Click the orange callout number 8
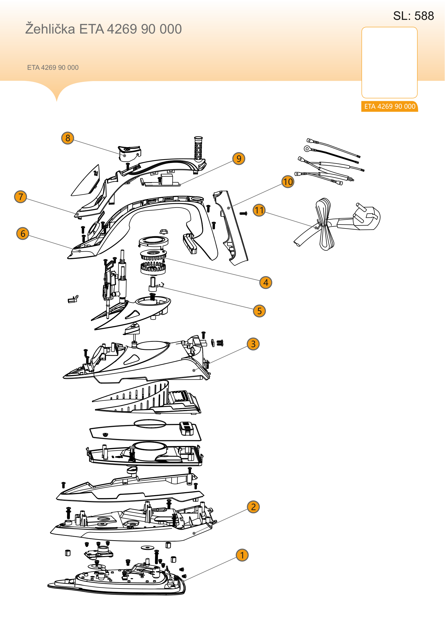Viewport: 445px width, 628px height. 68,138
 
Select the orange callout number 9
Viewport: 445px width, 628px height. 239,158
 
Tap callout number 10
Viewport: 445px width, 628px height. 288,181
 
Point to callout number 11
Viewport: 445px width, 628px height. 259,210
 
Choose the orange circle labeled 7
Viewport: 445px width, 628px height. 20,197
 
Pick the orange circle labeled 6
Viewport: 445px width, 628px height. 23,233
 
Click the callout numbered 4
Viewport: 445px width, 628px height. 266,282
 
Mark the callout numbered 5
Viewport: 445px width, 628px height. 259,311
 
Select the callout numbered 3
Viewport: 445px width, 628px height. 253,344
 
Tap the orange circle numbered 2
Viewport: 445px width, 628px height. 253,507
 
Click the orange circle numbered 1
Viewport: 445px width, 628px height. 242,555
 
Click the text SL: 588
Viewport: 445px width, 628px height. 414,16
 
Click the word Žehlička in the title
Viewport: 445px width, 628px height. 50,29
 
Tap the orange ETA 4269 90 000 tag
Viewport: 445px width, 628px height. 389,106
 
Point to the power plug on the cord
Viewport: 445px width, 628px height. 366,217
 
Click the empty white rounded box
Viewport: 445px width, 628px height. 389,62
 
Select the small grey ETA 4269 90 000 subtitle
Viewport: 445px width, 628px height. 53,68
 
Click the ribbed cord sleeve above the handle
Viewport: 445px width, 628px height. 198,148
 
